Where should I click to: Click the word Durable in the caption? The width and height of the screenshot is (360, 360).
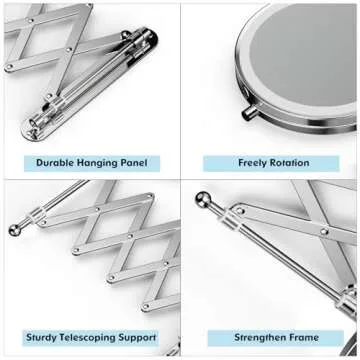tap(58, 162)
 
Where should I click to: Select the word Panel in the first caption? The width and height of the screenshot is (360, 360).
tap(137, 162)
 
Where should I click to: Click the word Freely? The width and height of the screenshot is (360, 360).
tap(253, 162)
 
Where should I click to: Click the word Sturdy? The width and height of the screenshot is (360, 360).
tap(46, 338)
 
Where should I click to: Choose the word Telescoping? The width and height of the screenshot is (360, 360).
tap(94, 338)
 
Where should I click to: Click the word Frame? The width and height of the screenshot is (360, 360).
tap(304, 338)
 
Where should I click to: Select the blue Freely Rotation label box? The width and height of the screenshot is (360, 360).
tap(271, 162)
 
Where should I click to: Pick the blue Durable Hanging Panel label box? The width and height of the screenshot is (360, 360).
tap(91, 162)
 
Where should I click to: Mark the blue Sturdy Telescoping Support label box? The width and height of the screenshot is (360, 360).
tap(91, 338)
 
